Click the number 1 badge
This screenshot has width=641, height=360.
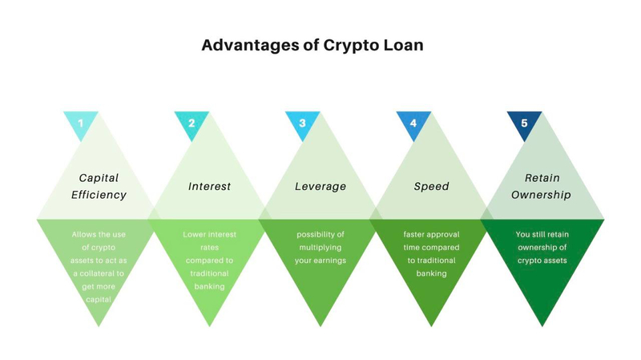coord(80,123)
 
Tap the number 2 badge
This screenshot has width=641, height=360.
coord(191,123)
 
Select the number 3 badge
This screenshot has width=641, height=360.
coord(302,123)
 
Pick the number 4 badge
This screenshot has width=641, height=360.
coord(413,123)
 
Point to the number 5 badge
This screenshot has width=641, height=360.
coord(524,123)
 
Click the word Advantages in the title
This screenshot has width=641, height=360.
coord(250,45)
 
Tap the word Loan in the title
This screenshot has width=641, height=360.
coord(402,45)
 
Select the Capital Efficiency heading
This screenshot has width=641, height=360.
coord(99,186)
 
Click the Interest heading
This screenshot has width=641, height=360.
coord(209,186)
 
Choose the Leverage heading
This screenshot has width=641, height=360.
coord(320,186)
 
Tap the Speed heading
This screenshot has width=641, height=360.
coord(431,186)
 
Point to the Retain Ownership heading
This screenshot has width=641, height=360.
coord(542,186)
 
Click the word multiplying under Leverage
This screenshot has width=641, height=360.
coord(320,248)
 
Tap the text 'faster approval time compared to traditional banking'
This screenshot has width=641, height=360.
coord(431,254)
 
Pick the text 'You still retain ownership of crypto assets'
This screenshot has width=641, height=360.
coord(542,248)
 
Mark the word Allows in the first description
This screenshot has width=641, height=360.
coord(86,235)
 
